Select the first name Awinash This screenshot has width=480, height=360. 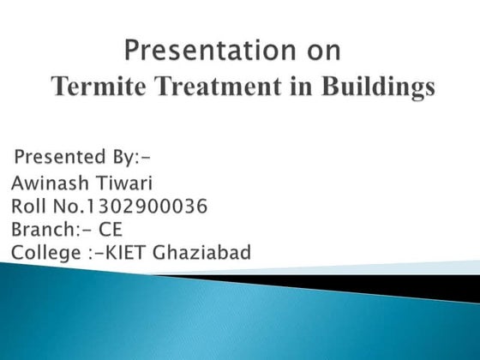click(x=51, y=183)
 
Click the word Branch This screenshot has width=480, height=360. click(x=45, y=229)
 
